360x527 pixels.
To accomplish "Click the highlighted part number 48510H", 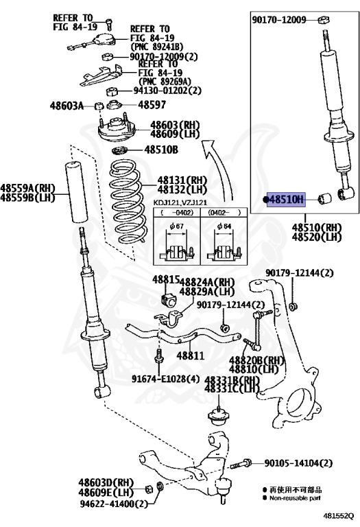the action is [x=286, y=200].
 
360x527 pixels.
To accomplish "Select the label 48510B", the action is [x=161, y=150].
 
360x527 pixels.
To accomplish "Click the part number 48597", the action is [x=152, y=105].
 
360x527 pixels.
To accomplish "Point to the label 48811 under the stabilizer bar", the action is [x=191, y=355].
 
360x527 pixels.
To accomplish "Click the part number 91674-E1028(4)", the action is [x=165, y=379].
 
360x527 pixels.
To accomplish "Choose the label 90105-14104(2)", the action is [x=298, y=463].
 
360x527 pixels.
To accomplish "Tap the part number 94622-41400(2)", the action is [x=114, y=504].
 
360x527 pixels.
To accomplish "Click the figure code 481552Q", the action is [x=339, y=515].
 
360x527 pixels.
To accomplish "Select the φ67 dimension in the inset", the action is [x=176, y=226].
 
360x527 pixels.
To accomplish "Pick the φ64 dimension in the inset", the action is [x=224, y=226].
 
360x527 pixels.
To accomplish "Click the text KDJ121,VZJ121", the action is [x=180, y=202].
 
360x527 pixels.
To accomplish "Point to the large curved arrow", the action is [x=218, y=168].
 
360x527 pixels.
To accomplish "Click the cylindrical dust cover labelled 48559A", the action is [x=76, y=192].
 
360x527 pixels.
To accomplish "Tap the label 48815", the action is [x=166, y=280].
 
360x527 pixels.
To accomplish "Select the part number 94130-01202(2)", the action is [x=167, y=91].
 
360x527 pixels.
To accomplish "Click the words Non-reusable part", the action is [x=295, y=498].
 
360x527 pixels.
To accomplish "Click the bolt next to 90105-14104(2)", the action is [x=241, y=464].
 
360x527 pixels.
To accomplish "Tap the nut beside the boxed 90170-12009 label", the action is [x=324, y=20].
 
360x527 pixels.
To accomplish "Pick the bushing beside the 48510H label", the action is [x=325, y=198].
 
